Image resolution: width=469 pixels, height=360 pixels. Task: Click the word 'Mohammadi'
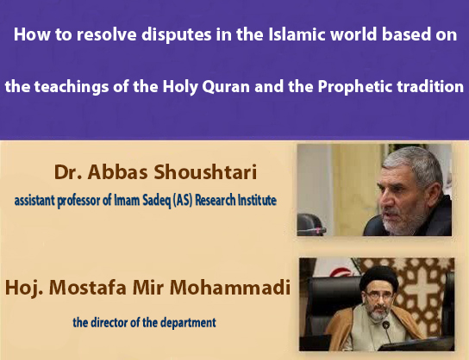234,282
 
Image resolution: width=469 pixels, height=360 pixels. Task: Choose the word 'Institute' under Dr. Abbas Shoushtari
260,201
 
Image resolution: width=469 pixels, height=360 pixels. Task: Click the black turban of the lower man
367,274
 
